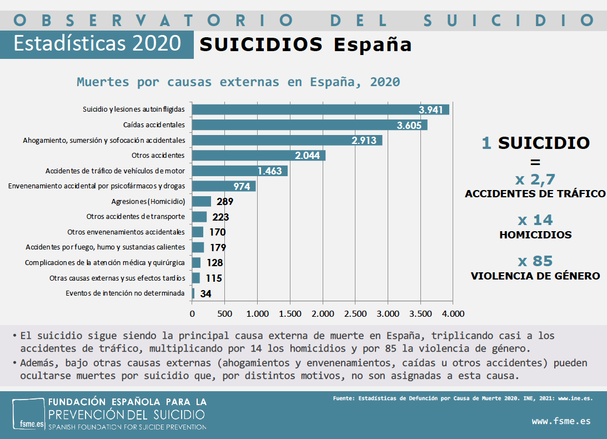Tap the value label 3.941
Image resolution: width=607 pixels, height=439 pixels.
[x=431, y=110]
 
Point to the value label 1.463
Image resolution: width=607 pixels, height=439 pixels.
[x=270, y=171]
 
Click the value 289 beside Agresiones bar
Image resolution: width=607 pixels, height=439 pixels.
[x=225, y=202]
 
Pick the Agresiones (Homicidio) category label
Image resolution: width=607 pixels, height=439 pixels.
[x=148, y=201]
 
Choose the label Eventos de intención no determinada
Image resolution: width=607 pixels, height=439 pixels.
[x=125, y=293]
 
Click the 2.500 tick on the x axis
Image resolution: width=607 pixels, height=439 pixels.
[x=355, y=314]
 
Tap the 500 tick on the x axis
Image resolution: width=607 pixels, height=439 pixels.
[x=224, y=314]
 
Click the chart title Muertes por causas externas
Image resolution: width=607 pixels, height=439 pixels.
[x=238, y=82]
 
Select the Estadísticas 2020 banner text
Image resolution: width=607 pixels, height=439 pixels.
[x=97, y=44]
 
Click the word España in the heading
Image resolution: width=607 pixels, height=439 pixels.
[x=373, y=44]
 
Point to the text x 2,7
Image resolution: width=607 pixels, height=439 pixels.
[x=535, y=179]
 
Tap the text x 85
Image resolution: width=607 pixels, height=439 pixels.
[x=535, y=261]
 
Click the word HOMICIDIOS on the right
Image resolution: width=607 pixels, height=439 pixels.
[x=535, y=235]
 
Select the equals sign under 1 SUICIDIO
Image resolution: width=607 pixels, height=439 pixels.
[x=535, y=163]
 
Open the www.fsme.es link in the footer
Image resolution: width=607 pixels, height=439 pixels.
[x=561, y=421]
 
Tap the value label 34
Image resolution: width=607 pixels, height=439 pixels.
[x=205, y=294]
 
